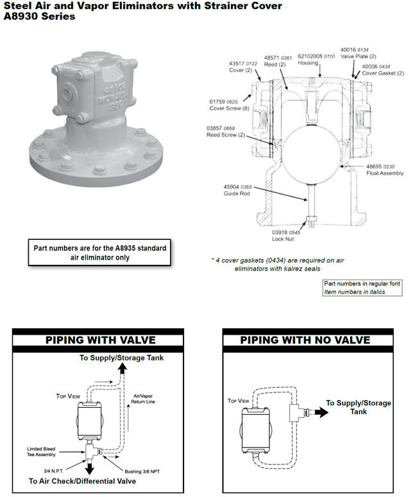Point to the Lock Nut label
click(x=287, y=239)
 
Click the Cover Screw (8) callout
click(x=225, y=108)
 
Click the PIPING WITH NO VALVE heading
click(x=305, y=340)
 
